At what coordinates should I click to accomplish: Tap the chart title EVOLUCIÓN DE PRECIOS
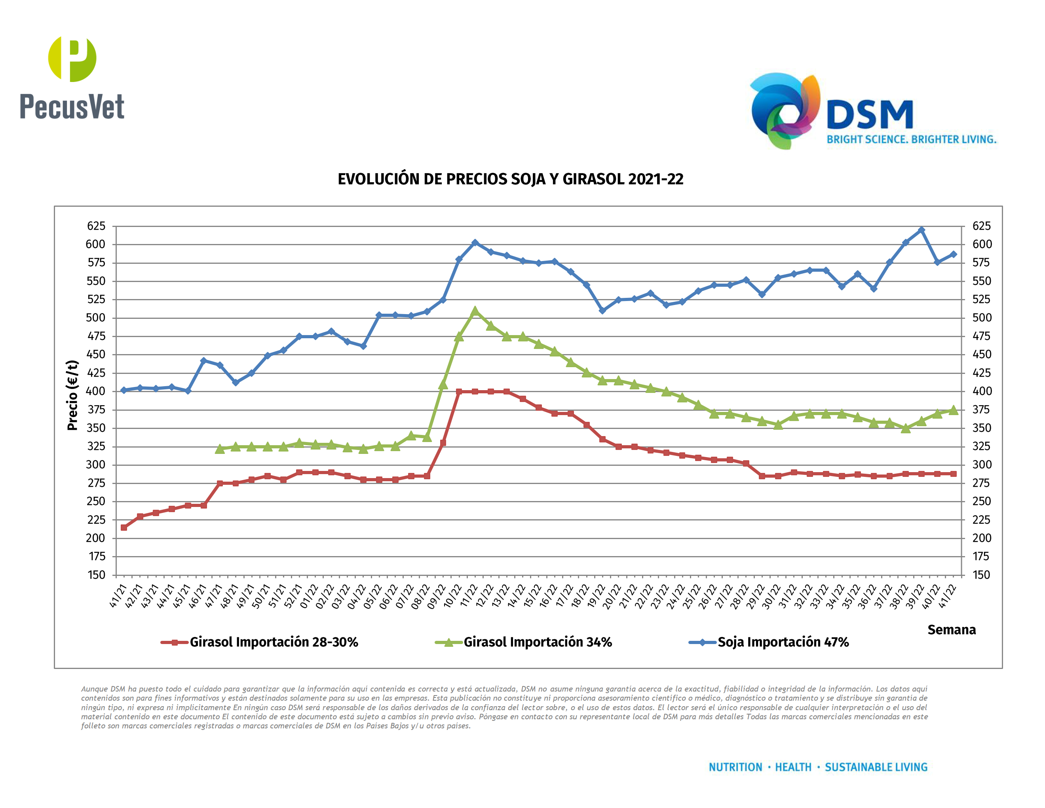pyautogui.click(x=510, y=179)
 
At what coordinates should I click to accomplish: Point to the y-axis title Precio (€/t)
pyautogui.click(x=72, y=395)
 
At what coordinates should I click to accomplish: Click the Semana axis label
pyautogui.click(x=951, y=629)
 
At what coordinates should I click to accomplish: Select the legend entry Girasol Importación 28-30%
pyautogui.click(x=273, y=642)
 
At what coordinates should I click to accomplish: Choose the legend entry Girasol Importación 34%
pyautogui.click(x=537, y=642)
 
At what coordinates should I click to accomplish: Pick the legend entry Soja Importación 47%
pyautogui.click(x=783, y=642)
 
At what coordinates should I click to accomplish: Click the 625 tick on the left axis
pyautogui.click(x=96, y=226)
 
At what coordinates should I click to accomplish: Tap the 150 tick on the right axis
pyautogui.click(x=981, y=575)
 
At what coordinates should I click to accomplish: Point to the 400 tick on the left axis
pyautogui.click(x=96, y=391)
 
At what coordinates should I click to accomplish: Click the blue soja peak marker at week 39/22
pyautogui.click(x=921, y=230)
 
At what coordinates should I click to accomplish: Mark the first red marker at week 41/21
pyautogui.click(x=124, y=528)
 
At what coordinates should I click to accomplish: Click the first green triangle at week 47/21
pyautogui.click(x=220, y=448)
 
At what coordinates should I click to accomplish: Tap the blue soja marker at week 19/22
pyautogui.click(x=602, y=311)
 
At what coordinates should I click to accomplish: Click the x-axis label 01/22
pyautogui.click(x=310, y=596)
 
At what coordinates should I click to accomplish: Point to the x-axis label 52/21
pyautogui.click(x=293, y=596)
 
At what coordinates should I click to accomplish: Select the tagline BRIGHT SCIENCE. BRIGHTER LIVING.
pyautogui.click(x=912, y=139)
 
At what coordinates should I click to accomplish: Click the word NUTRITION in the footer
pyautogui.click(x=735, y=767)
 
